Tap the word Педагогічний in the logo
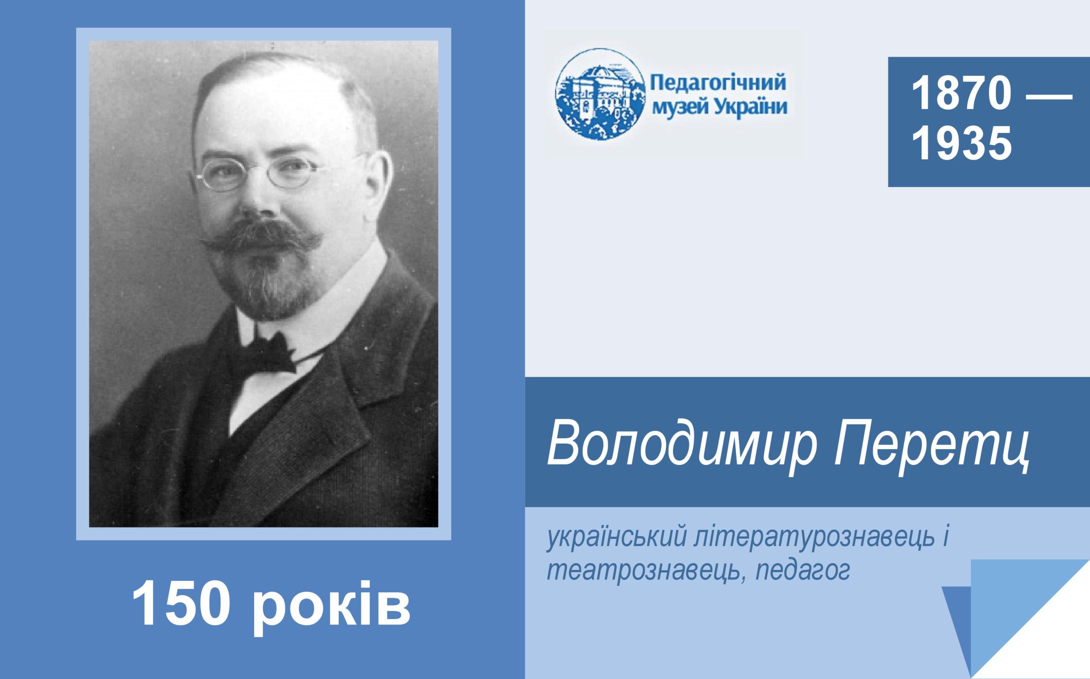[x=718, y=84]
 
